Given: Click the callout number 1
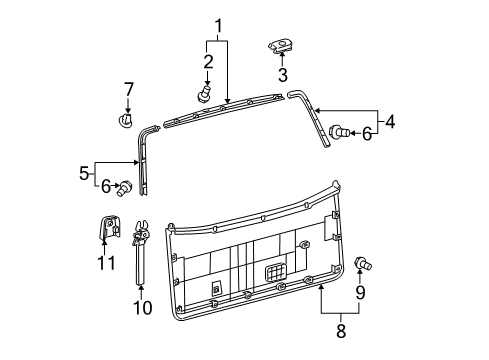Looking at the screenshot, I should click(217, 24).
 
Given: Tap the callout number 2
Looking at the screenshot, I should click(208, 61).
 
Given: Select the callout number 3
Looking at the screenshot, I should click(283, 74).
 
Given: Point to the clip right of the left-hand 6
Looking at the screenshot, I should click(127, 187).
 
